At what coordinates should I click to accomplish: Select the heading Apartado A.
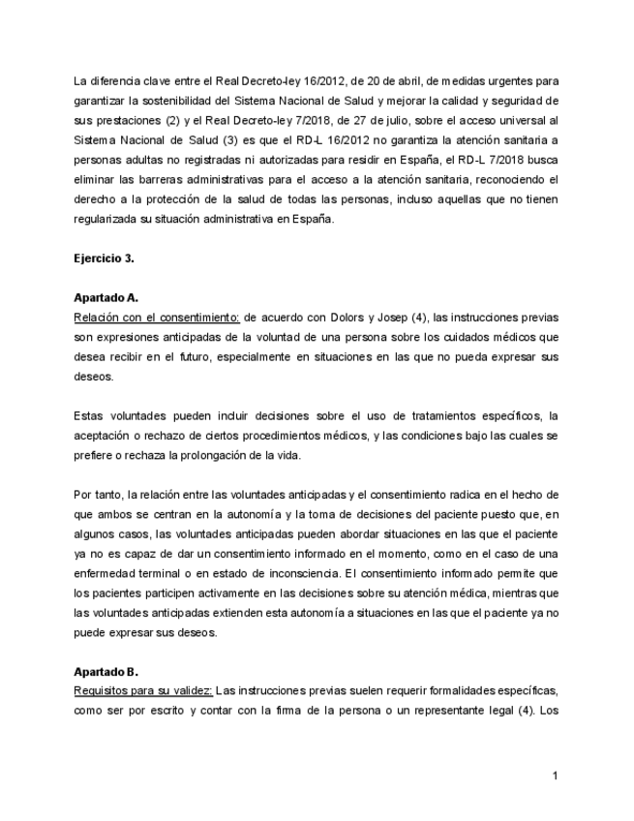pyautogui.click(x=106, y=298)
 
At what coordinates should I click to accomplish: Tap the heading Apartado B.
pyautogui.click(x=106, y=671)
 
